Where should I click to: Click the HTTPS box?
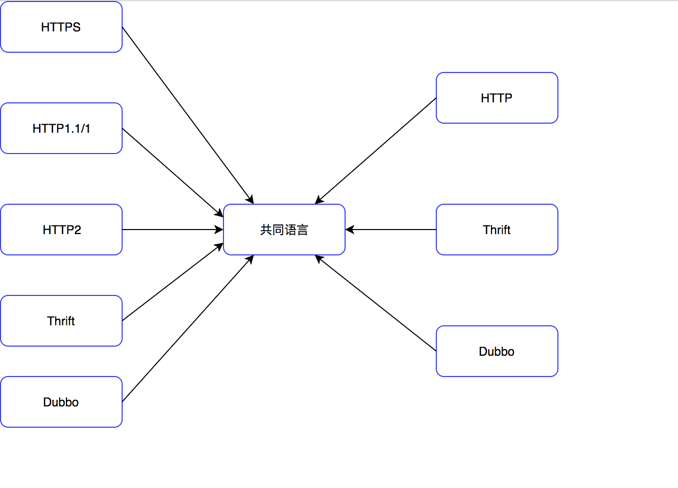[x=61, y=27]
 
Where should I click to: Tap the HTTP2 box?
[x=61, y=230]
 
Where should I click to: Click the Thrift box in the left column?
[x=61, y=321]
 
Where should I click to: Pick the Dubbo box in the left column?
[x=61, y=402]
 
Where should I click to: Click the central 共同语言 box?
[x=284, y=230]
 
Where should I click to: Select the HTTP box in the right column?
[x=497, y=98]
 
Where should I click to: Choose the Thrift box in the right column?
[x=497, y=230]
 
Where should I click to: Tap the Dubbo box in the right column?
[x=497, y=351]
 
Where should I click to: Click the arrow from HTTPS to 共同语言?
[x=187, y=115]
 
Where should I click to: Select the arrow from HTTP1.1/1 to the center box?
[x=172, y=172]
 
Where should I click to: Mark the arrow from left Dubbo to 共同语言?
[x=187, y=328]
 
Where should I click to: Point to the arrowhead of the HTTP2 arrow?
[x=219, y=230]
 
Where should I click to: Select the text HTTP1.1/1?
[x=61, y=129]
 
